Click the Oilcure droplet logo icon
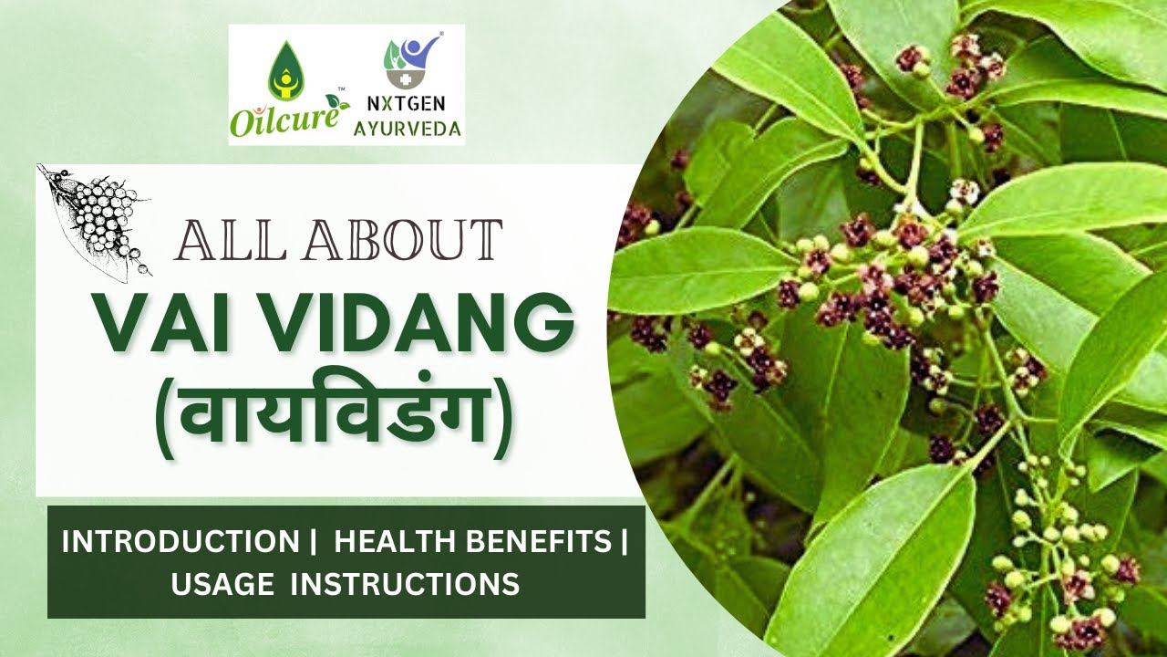tap(284, 73)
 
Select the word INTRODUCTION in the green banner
tap(179, 542)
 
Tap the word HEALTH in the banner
tap(397, 542)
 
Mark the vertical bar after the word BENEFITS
tap(625, 542)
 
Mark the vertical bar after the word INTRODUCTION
tap(306, 542)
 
